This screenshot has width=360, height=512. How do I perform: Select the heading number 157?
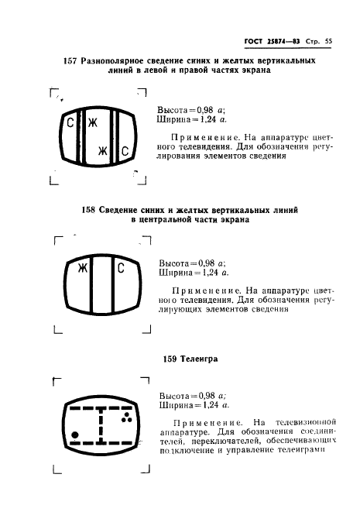70,60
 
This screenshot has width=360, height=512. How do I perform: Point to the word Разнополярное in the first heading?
118,60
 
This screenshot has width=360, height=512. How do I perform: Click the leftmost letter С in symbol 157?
70,123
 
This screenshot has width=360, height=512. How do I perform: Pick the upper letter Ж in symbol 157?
92,123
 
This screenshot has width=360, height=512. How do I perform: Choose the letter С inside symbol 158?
121,268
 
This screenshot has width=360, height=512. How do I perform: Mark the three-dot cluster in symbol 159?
128,418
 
